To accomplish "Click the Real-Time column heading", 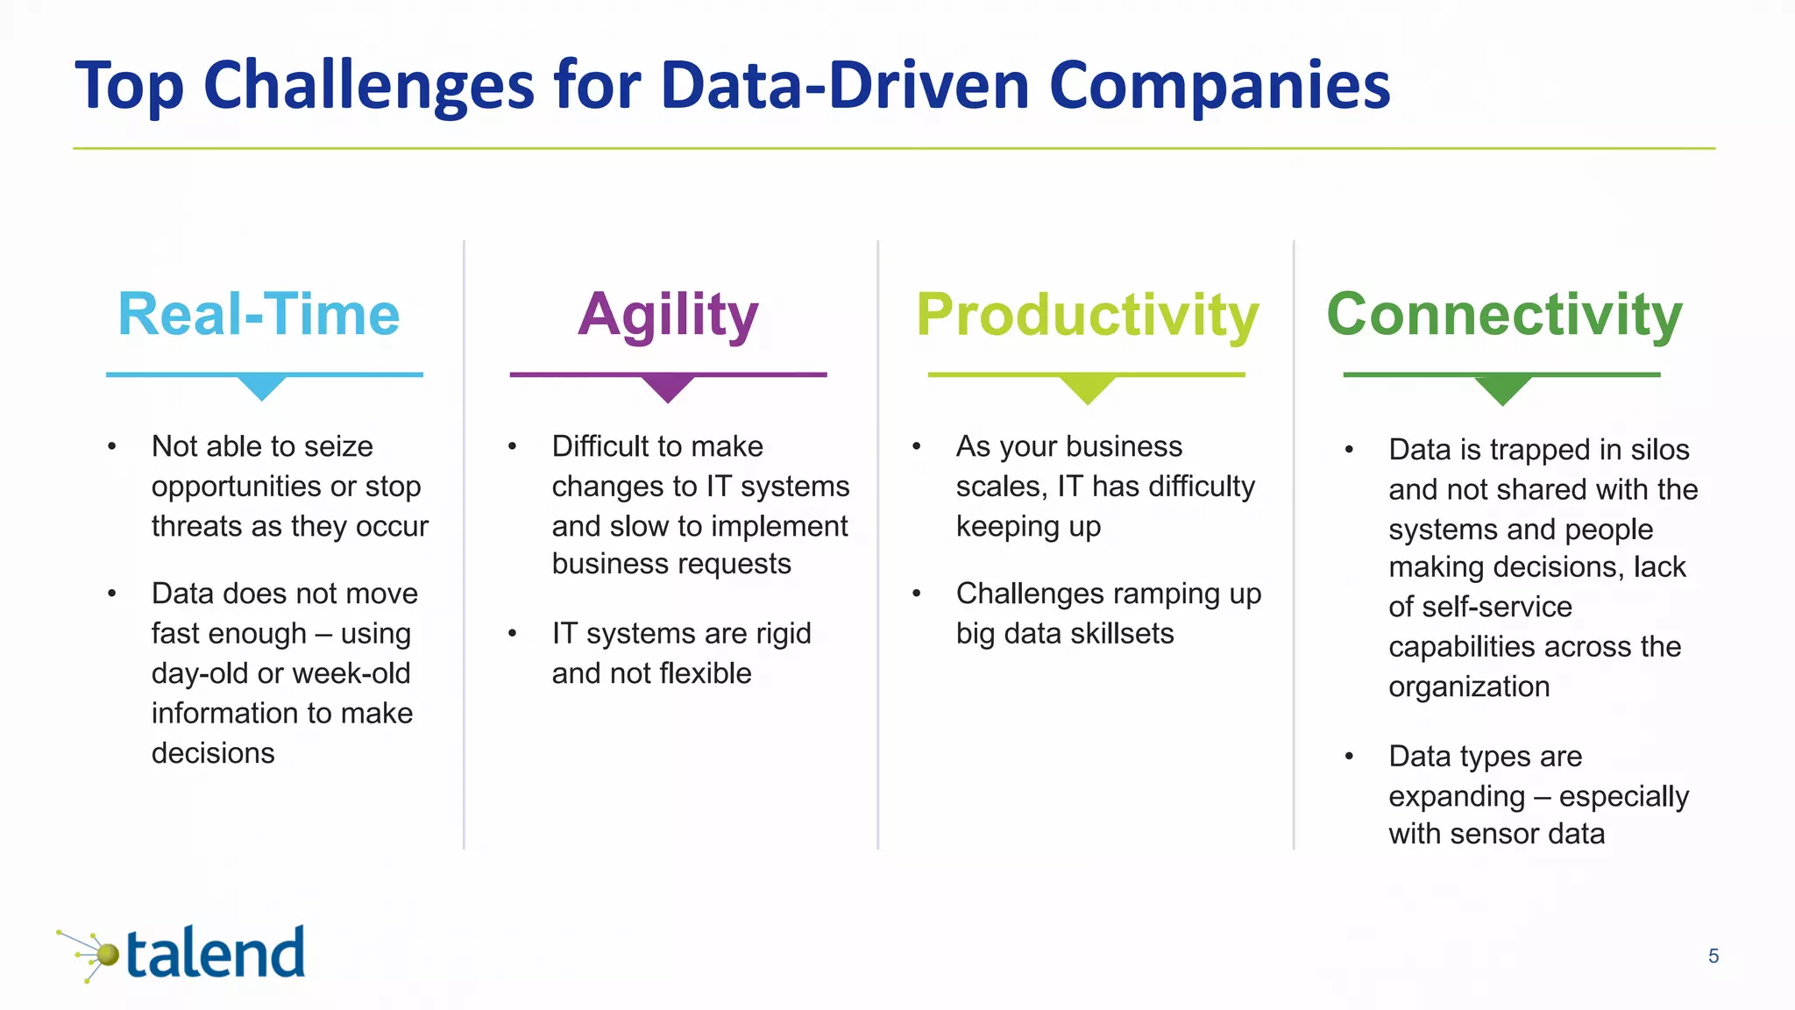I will [x=259, y=314].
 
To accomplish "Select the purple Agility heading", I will [x=668, y=316].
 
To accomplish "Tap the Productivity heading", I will [x=1087, y=316].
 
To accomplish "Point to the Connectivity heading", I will [x=1504, y=314].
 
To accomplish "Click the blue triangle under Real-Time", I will [x=262, y=387].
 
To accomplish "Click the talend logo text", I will [x=216, y=954].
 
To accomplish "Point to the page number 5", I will [x=1713, y=957].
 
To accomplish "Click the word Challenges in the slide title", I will [x=369, y=87].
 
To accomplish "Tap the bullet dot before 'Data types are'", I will [x=1349, y=756].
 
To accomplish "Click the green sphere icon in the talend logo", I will [x=107, y=954].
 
